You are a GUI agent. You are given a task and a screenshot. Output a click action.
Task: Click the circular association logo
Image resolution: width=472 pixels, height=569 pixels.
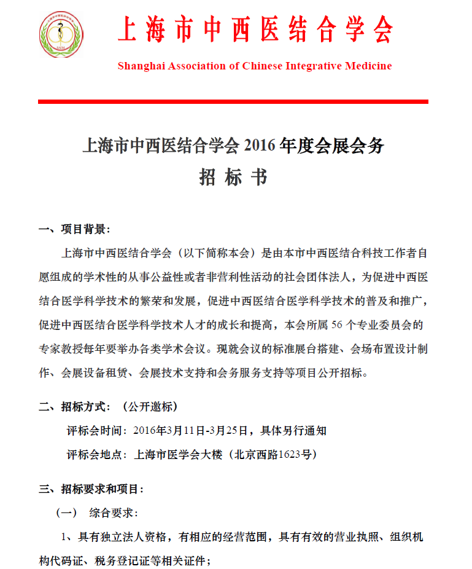[x=61, y=35]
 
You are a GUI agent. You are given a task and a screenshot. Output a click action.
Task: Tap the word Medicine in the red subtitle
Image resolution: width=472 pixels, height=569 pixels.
[x=366, y=66]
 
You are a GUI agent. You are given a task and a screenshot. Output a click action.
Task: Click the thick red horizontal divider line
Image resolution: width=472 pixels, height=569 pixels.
[x=233, y=101]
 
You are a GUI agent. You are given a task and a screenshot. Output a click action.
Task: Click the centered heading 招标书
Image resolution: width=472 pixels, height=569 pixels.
[x=233, y=177]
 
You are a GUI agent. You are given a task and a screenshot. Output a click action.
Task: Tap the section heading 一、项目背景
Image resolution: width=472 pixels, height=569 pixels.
[x=74, y=230]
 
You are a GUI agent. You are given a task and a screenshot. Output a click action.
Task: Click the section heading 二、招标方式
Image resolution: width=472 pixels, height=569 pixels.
[x=75, y=407]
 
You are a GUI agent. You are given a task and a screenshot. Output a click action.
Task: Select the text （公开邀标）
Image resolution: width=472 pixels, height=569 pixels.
[x=150, y=407]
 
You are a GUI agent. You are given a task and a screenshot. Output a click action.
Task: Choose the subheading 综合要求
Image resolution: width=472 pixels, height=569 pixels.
[x=114, y=512]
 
